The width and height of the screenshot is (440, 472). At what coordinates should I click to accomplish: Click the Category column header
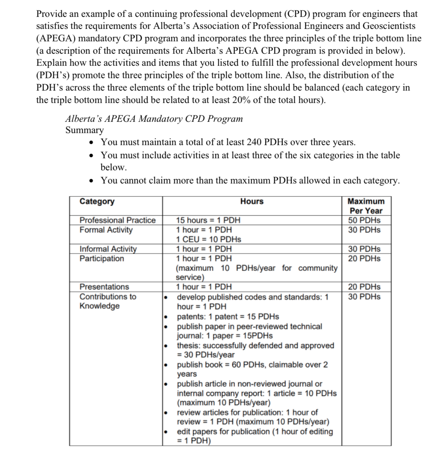click(x=97, y=201)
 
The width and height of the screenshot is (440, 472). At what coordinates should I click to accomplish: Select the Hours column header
click(x=252, y=201)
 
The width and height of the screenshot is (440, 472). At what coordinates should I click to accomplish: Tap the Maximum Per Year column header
click(x=366, y=206)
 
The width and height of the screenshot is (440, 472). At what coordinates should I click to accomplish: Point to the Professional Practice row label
click(x=117, y=220)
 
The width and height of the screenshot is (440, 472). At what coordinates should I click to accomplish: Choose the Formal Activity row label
click(x=106, y=230)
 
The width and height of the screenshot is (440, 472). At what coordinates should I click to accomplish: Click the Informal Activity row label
click(x=108, y=249)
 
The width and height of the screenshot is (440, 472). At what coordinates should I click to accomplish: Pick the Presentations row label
click(x=104, y=287)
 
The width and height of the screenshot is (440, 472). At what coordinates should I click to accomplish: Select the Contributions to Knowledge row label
click(x=108, y=301)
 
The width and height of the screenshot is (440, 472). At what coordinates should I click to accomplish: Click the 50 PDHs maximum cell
click(x=364, y=220)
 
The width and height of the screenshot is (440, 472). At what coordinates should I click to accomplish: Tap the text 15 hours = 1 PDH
click(x=208, y=220)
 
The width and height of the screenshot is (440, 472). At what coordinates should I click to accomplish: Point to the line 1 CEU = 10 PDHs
click(x=209, y=239)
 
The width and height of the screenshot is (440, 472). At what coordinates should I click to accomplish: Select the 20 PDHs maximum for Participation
click(x=364, y=258)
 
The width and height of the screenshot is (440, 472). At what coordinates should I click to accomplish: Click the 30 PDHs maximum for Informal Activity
click(x=364, y=249)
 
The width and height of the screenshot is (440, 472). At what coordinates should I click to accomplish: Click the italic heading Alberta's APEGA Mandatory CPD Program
click(x=154, y=119)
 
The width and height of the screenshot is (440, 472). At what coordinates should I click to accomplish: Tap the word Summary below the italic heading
click(x=84, y=130)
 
